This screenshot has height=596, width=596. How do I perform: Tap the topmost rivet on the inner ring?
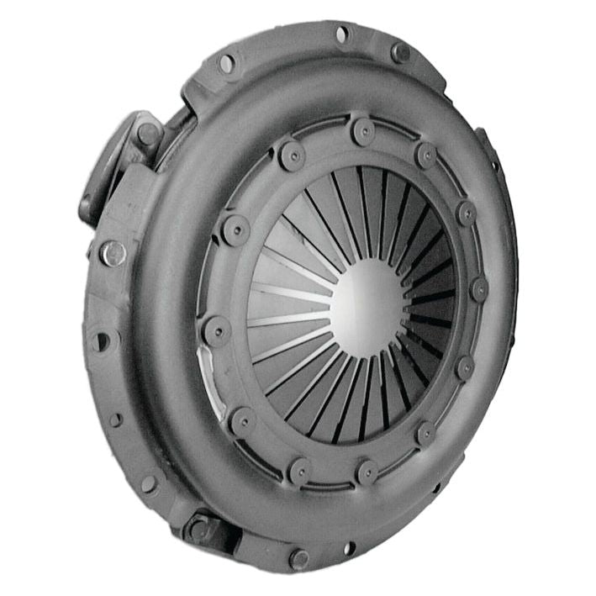(363, 130)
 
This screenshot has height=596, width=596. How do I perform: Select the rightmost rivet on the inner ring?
(478, 289)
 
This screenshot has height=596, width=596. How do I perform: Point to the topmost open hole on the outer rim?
(342, 34)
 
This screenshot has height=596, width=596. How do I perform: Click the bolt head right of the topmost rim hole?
(400, 52)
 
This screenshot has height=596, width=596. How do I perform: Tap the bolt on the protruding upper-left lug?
(147, 134)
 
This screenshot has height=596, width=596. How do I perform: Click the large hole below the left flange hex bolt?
(102, 340)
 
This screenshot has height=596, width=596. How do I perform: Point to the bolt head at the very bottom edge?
(298, 558)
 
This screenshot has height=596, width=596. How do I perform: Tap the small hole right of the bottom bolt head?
(348, 548)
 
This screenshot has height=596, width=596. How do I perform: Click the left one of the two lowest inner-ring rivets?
(298, 470)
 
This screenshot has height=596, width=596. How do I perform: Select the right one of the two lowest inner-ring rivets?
(367, 472)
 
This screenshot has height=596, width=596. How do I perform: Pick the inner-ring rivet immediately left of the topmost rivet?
(292, 153)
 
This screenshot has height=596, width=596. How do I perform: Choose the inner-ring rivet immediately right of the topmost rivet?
(426, 154)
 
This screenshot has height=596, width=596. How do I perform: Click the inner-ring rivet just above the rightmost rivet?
(467, 213)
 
